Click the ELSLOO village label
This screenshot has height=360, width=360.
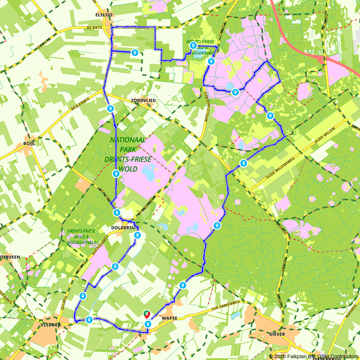[104, 15]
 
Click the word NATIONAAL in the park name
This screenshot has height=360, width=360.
[128, 140]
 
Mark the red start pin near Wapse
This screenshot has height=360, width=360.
[147, 314]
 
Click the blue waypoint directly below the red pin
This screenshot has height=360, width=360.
[148, 324]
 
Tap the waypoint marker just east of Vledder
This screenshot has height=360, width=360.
[89, 319]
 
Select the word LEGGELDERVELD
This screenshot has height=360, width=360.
[81, 242]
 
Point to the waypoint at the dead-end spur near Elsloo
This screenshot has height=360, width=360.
[135, 53]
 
